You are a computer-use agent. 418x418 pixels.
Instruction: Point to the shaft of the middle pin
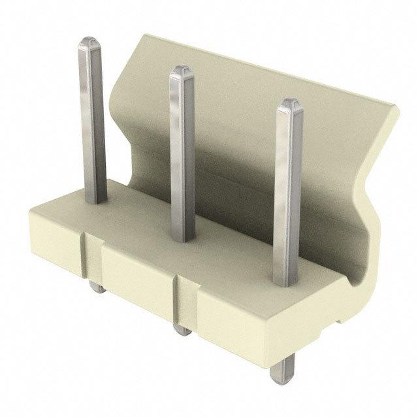point(182,157)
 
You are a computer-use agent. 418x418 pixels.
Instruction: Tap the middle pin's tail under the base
point(182,330)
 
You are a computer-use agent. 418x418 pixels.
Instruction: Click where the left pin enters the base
point(94,199)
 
